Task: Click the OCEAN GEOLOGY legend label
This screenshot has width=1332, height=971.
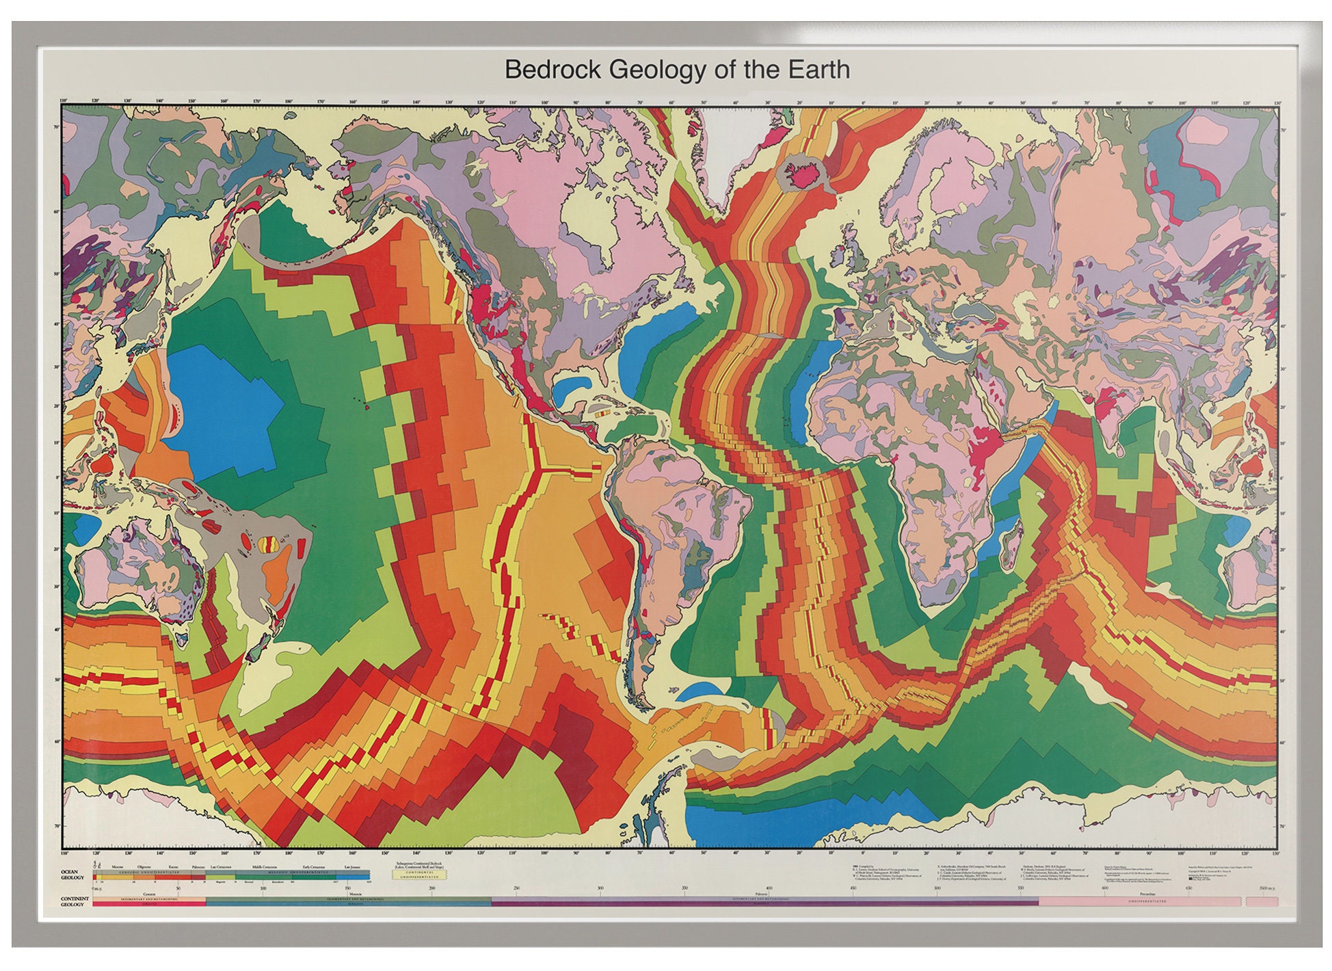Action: (72, 875)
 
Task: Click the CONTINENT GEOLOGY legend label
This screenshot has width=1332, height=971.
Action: (74, 901)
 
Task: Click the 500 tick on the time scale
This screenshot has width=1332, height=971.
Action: (937, 889)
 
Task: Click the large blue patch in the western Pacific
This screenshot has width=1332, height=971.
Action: (219, 403)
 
